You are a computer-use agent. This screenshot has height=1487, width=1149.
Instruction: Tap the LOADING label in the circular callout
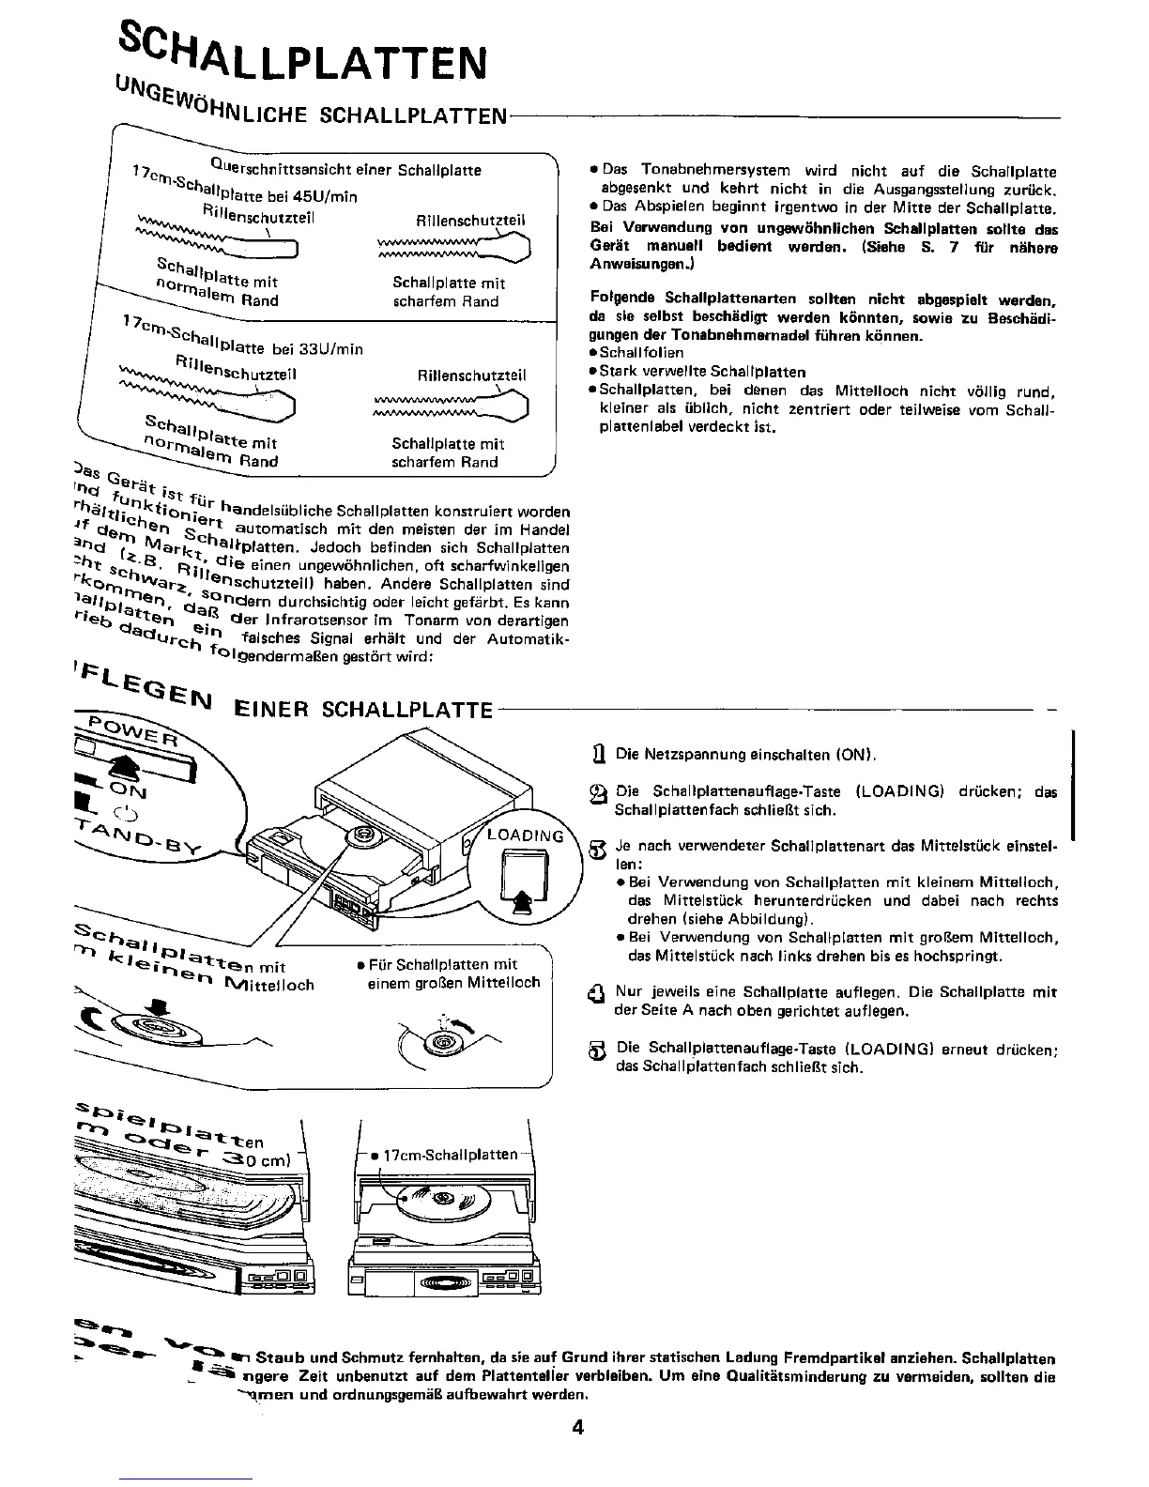pyautogui.click(x=526, y=835)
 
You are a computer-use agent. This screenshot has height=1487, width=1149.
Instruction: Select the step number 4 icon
pyautogui.click(x=595, y=993)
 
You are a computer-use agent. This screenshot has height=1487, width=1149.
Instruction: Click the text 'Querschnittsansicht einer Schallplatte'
pyautogui.click(x=345, y=170)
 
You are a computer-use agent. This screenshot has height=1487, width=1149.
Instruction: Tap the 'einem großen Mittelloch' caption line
pyautogui.click(x=453, y=982)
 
